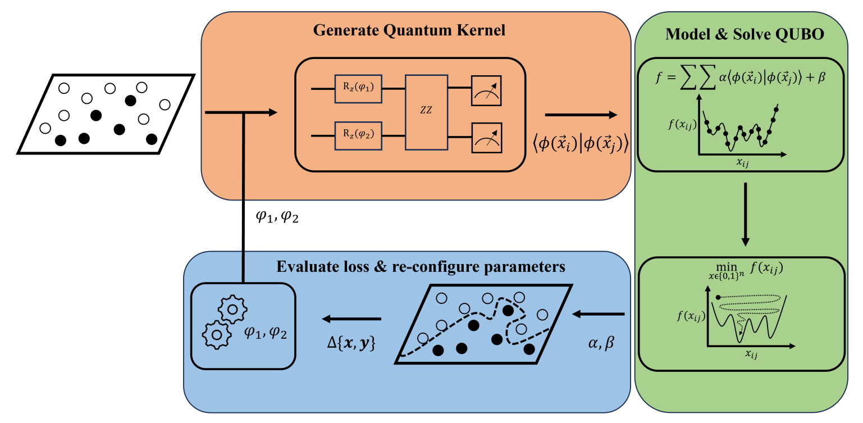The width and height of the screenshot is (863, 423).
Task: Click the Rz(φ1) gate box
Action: pyautogui.click(x=358, y=88)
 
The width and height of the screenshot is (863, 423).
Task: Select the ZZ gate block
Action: pyautogui.click(x=427, y=111)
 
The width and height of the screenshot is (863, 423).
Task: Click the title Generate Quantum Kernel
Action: pyautogui.click(x=409, y=30)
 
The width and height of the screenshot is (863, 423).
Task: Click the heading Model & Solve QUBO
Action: pyautogui.click(x=745, y=34)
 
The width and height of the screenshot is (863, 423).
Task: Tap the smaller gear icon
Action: pyautogui.click(x=214, y=334)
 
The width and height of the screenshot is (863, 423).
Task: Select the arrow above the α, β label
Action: pyautogui.click(x=599, y=313)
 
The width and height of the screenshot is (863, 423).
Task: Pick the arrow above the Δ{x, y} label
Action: pyautogui.click(x=351, y=319)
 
